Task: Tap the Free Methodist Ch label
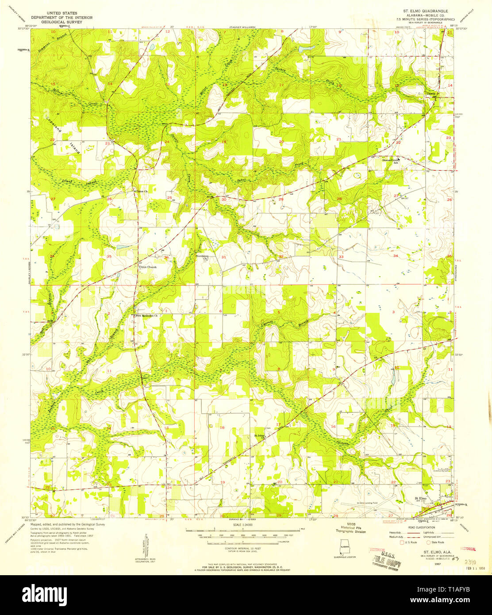pyautogui.click(x=146, y=316)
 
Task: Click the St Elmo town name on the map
pyautogui.click(x=420, y=499)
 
